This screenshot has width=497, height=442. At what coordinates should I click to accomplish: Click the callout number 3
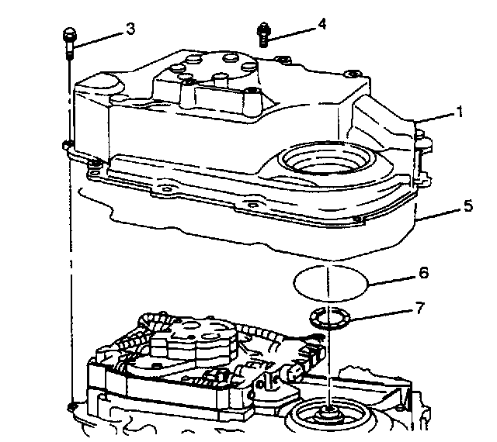(130, 29)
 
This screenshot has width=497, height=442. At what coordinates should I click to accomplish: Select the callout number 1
(459, 112)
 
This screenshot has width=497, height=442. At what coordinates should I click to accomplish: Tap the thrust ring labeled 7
(330, 317)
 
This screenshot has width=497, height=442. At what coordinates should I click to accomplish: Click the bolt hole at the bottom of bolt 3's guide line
(70, 406)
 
